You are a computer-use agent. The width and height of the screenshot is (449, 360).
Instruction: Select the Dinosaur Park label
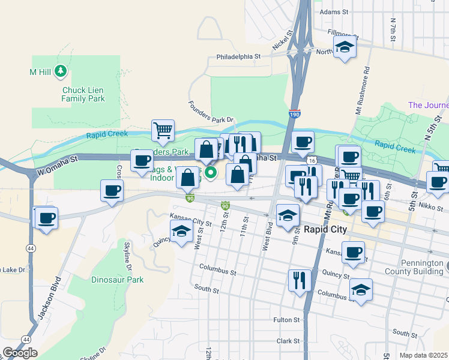click(118, 280)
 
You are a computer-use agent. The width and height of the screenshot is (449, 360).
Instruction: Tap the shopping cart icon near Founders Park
click(163, 130)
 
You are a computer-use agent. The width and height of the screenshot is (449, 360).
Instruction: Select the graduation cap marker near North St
click(345, 47)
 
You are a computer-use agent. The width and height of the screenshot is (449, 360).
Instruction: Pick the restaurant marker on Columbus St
click(299, 280)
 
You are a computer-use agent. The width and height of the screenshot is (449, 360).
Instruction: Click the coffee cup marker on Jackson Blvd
click(46, 218)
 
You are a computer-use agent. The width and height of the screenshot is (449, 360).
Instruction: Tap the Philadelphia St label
click(238, 57)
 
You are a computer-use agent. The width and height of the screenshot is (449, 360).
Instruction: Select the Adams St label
click(334, 11)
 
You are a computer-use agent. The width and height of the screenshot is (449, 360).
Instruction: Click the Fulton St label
click(286, 320)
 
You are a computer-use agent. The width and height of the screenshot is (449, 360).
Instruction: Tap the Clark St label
click(288, 341)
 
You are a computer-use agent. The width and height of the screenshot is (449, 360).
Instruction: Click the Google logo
click(20, 353)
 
